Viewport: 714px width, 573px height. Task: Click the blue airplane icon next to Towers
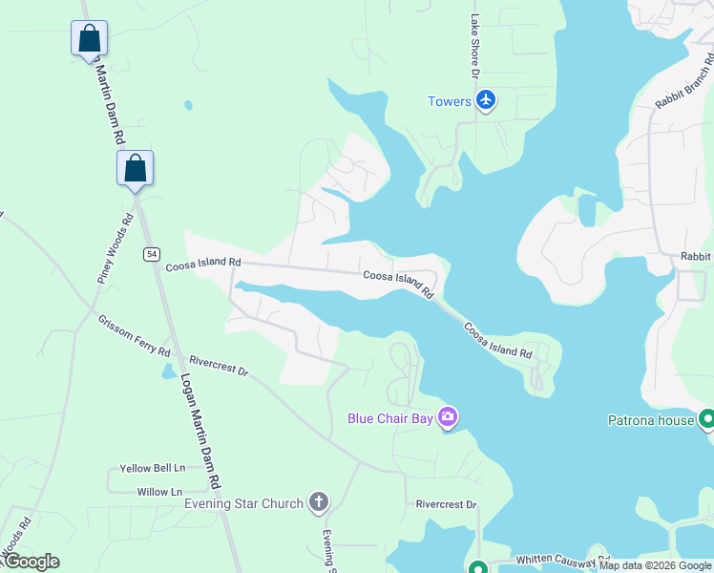tap(486, 101)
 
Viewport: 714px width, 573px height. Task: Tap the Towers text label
tap(450, 102)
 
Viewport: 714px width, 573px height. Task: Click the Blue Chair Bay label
tap(388, 418)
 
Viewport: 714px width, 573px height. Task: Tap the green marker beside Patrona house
tap(707, 419)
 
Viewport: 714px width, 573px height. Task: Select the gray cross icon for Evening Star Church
tap(319, 502)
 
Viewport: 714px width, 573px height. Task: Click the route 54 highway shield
tap(152, 253)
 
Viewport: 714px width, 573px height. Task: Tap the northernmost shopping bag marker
tap(89, 39)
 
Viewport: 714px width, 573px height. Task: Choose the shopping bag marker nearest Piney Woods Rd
tap(135, 168)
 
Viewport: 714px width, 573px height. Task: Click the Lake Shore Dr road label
tap(473, 46)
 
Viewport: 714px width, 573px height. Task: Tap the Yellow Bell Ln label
tap(152, 469)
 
